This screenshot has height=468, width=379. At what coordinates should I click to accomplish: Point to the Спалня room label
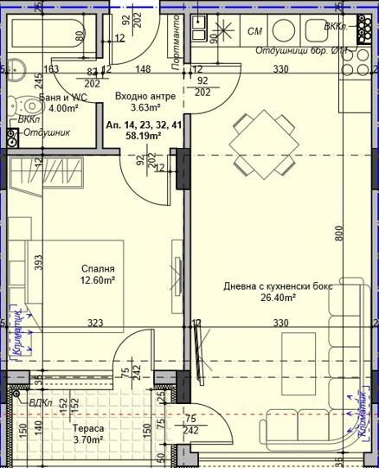coord(99,269)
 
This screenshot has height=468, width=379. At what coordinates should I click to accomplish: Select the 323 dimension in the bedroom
coord(96,324)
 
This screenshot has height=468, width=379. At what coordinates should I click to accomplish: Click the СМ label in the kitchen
coord(255,32)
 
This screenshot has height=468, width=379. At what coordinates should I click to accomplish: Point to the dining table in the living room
coord(264,144)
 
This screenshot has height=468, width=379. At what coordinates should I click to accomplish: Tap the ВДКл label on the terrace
coord(41,403)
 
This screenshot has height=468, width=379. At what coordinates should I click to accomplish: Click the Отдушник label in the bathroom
coord(47,133)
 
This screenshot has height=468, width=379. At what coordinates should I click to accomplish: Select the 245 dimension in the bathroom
coord(38,81)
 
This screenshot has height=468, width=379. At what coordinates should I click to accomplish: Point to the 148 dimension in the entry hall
coord(144,69)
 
